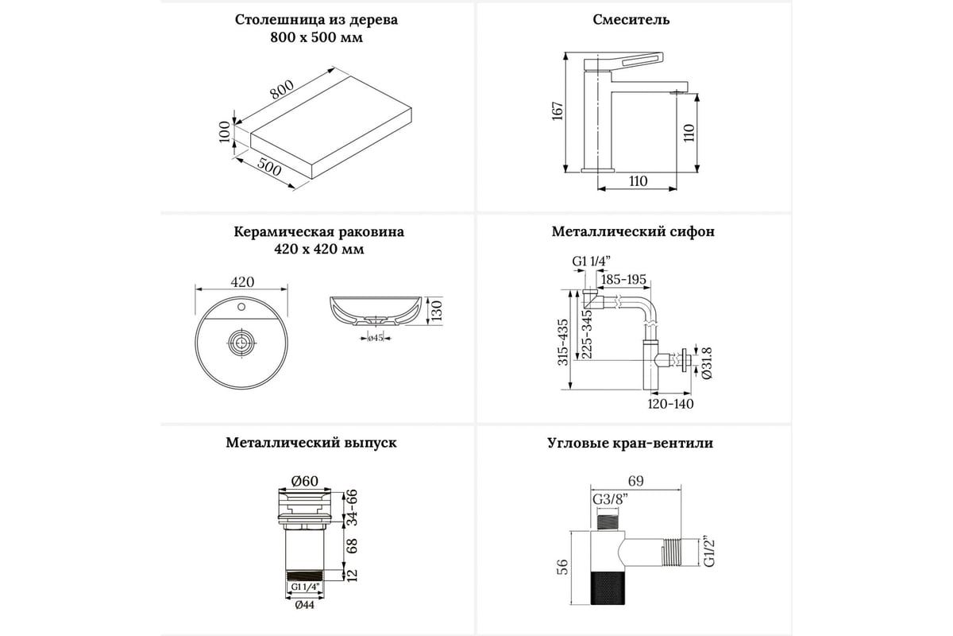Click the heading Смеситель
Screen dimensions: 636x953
[x=631, y=20]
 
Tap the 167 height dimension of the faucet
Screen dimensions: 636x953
[x=558, y=111]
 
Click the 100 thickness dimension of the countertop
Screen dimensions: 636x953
[x=225, y=131]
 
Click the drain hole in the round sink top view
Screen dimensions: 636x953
[x=241, y=343]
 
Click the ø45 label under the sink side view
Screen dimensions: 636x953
[x=376, y=339]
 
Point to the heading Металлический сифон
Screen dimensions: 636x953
[x=633, y=232]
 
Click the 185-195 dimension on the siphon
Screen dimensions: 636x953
[x=623, y=280]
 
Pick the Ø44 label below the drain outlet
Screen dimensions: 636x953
[x=304, y=603]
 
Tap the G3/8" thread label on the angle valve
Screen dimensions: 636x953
[x=608, y=498]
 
